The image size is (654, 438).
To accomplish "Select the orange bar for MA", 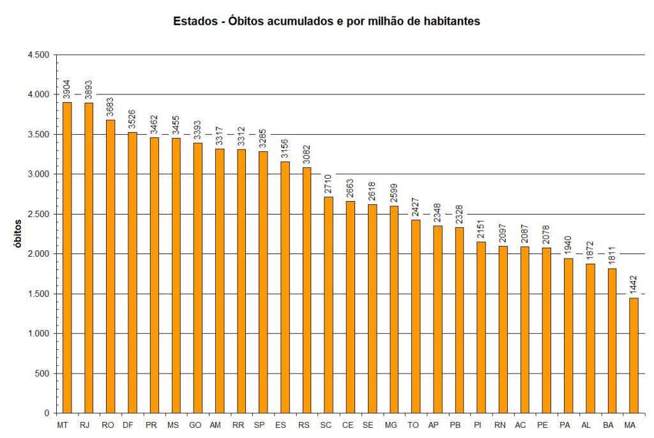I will pos(634,355).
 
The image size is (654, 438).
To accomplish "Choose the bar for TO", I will pos(415,316).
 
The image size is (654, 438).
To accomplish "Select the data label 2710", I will pos(328,185).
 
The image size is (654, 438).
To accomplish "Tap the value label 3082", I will pos(307,155).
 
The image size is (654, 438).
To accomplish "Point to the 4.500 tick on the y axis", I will pos(39,55).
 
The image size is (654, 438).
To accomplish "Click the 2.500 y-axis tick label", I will pos(39,214).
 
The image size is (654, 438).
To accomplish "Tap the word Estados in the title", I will pos(193,21).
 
